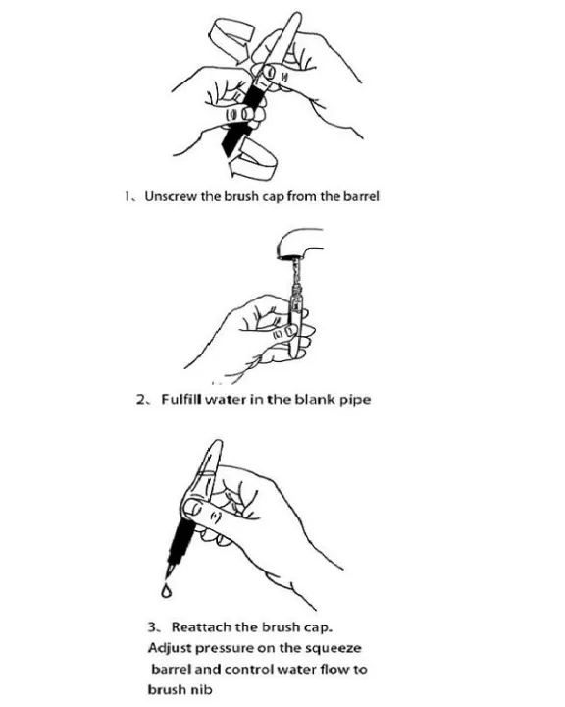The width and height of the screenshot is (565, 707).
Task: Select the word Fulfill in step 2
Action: [x=181, y=399]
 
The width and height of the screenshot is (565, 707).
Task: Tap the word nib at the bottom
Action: [x=202, y=689]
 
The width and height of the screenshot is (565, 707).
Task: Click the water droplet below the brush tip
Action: [x=167, y=591]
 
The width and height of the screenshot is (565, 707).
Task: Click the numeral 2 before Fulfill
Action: [x=140, y=400]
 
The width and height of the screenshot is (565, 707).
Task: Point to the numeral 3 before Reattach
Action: [x=152, y=627]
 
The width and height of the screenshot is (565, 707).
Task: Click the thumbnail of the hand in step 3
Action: [x=194, y=508]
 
